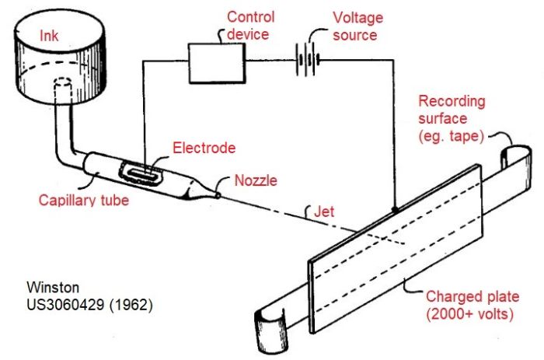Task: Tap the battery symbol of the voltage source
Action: [x=308, y=60]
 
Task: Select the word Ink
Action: [x=49, y=36]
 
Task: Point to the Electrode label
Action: [x=204, y=148]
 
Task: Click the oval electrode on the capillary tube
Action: [x=142, y=173]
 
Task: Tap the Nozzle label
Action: [x=256, y=180]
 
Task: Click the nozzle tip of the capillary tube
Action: [x=218, y=195]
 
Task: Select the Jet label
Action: [x=324, y=211]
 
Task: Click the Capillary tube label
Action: [x=84, y=201]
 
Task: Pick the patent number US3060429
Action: [x=65, y=305]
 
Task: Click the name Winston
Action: [x=53, y=287]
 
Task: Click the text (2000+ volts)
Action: [x=469, y=314]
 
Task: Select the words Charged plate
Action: [x=473, y=297]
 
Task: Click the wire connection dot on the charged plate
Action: [x=395, y=210]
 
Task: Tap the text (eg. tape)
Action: [x=451, y=136]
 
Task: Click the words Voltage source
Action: [x=357, y=26]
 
